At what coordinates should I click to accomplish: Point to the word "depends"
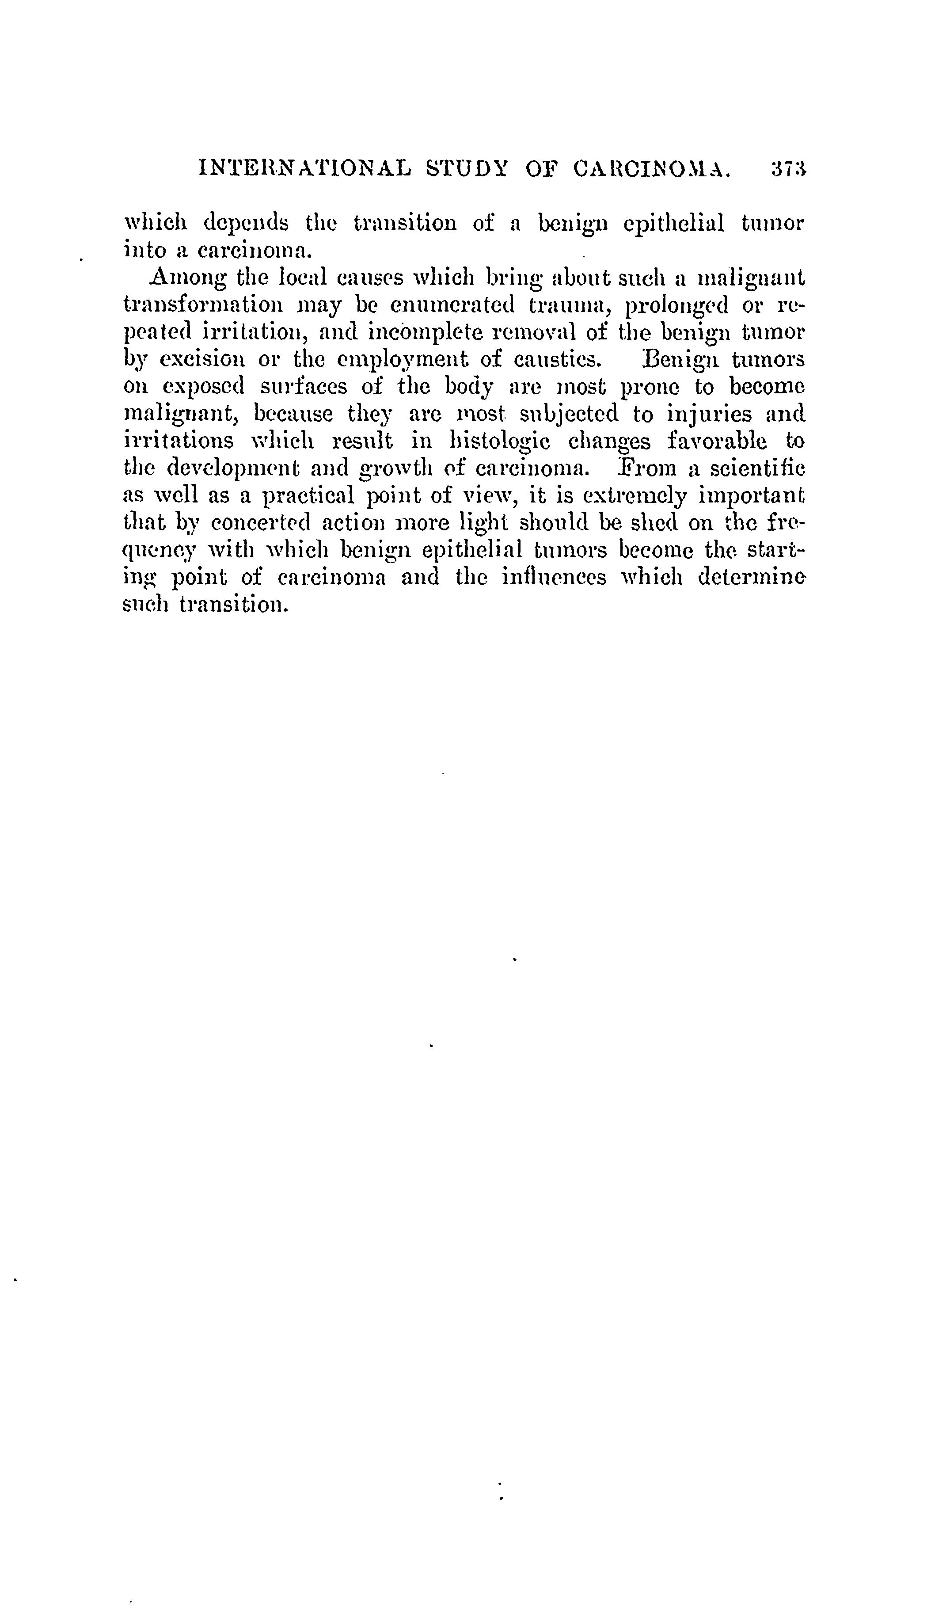(x=245, y=224)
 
